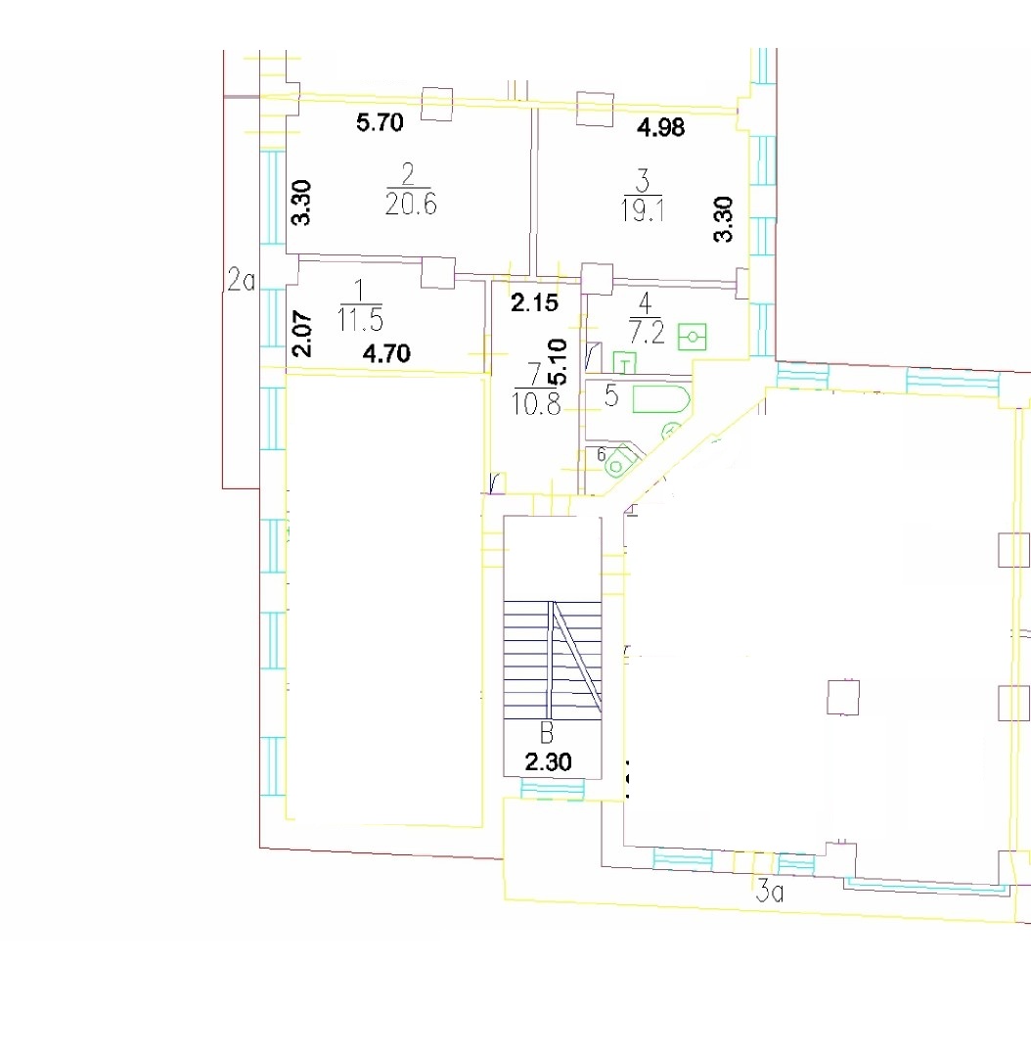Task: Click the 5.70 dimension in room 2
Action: (380, 122)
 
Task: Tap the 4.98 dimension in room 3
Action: (661, 127)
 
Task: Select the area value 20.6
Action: (411, 204)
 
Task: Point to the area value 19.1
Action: (643, 211)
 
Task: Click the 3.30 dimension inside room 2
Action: (301, 203)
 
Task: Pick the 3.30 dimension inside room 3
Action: (723, 219)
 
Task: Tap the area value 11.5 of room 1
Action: (360, 320)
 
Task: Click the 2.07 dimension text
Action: (301, 334)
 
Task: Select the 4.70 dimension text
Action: (386, 353)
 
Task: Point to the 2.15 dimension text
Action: (534, 303)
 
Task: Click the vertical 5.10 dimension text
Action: (558, 362)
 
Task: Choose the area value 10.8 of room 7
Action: (536, 404)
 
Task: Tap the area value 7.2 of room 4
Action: (646, 333)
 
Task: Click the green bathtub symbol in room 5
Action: (661, 400)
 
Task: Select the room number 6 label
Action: (601, 454)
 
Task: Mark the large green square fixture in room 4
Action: (693, 337)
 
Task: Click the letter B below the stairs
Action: (547, 732)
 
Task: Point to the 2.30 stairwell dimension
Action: (548, 762)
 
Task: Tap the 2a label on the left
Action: (242, 280)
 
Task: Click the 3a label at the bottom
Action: (770, 892)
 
